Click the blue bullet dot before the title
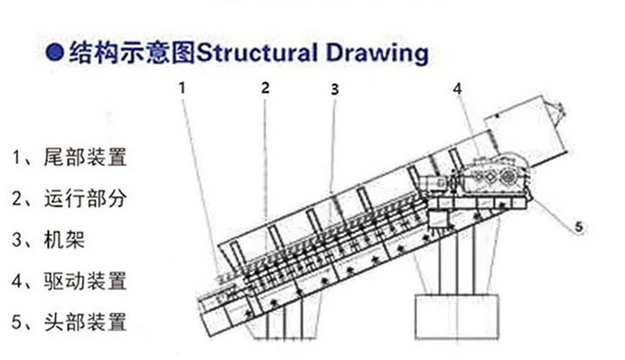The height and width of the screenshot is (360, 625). (54, 52)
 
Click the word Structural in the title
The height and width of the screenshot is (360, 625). (257, 52)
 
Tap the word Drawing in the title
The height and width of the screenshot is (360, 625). (377, 54)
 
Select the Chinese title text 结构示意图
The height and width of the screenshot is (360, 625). (132, 53)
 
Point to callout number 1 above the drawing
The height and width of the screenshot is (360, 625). (182, 88)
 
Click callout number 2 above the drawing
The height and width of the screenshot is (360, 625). (265, 88)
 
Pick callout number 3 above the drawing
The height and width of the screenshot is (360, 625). (335, 89)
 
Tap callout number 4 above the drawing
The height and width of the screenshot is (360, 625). (457, 88)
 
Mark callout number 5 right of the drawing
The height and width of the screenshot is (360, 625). (579, 227)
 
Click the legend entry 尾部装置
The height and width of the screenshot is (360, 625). (86, 157)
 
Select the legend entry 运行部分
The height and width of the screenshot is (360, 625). (86, 198)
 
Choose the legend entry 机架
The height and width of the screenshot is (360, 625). (64, 239)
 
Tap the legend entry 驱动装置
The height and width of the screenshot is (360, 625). (86, 281)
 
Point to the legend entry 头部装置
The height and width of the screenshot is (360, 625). (86, 322)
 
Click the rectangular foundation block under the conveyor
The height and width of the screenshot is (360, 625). (457, 316)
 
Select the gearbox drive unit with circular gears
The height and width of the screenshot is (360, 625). (495, 174)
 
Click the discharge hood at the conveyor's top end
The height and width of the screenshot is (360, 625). (525, 129)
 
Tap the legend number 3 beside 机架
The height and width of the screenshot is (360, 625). (17, 240)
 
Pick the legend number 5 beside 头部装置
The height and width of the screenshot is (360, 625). (17, 322)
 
